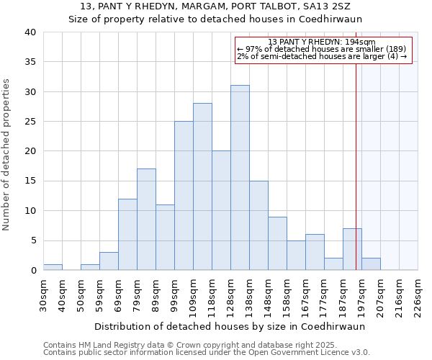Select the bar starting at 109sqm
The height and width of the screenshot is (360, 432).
pyautogui.click(x=202, y=186)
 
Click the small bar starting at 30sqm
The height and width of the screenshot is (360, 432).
pyautogui.click(x=53, y=267)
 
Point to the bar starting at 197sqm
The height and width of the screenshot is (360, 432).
pyautogui.click(x=371, y=264)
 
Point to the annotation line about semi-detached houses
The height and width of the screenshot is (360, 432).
pyautogui.click(x=322, y=56)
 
